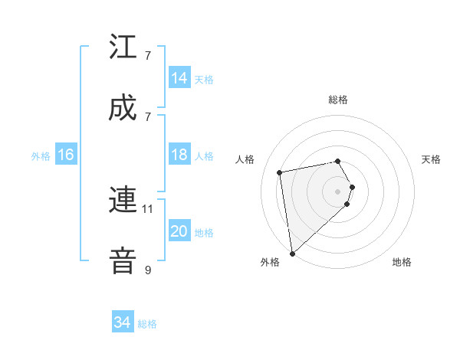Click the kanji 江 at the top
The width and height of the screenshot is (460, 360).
tap(123, 47)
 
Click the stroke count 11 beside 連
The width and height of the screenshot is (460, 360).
tap(148, 208)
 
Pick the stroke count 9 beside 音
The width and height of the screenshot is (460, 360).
tap(148, 270)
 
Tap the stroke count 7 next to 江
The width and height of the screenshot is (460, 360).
tap(148, 56)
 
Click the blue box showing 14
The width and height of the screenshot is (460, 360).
tap(179, 78)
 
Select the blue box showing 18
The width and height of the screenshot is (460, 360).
tap(179, 155)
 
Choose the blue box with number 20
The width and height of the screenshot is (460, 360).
tap(179, 231)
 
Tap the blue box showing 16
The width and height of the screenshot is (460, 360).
tap(65, 155)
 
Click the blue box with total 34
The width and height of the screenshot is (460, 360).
tap(123, 322)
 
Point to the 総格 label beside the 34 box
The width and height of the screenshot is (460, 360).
tap(147, 324)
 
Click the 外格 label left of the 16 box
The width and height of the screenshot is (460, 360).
tap(41, 156)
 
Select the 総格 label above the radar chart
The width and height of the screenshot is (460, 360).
tap(338, 100)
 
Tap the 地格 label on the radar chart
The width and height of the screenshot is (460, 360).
tap(402, 262)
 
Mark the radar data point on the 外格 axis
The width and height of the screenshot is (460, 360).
tap(292, 253)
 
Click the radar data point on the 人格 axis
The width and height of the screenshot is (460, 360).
tap(280, 172)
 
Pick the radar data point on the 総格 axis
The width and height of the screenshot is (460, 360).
tap(338, 161)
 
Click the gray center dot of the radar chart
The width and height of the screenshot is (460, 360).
tap(338, 191)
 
